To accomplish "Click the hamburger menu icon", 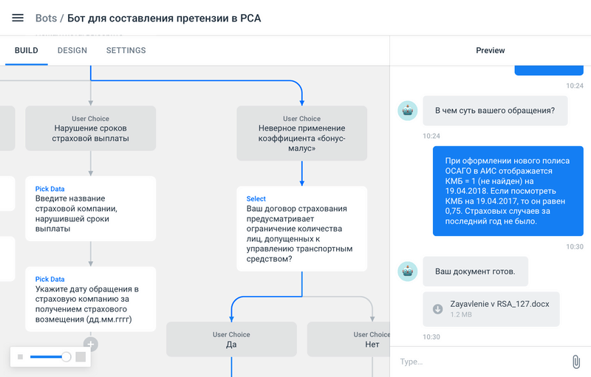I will point(18,18).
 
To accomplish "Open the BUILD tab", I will point(27,51).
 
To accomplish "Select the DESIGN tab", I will point(72,51).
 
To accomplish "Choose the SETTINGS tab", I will point(126,51).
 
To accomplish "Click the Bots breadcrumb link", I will point(46,18).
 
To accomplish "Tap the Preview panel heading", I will point(491,51).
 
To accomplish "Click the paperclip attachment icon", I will point(575,362).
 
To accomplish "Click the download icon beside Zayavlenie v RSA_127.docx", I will point(437,308).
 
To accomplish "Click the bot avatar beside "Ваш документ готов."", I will point(407,271).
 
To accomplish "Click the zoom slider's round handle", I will point(66,357).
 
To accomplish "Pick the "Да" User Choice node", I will point(231,339).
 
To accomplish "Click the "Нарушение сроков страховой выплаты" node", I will point(91,128).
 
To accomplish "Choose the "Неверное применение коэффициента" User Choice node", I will point(301,133).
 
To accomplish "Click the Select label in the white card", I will point(256,198).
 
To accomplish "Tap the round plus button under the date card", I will point(91,344).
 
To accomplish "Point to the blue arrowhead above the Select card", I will point(301,182).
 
